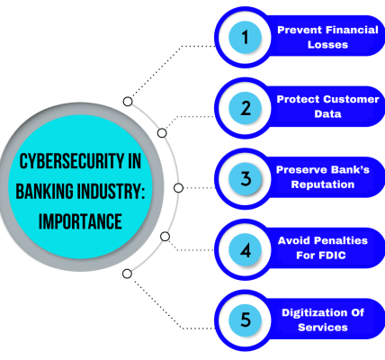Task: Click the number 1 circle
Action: (245, 38)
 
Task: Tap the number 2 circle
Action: (245, 108)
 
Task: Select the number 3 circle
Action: (245, 179)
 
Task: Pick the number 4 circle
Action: (245, 250)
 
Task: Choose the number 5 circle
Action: (245, 319)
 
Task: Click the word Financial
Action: (352, 30)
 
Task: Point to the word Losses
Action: (327, 45)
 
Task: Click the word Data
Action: (327, 114)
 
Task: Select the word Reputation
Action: (323, 184)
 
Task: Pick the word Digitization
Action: (312, 313)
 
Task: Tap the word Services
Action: (323, 328)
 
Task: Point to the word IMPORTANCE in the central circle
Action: (80, 221)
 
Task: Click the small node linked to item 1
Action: (128, 102)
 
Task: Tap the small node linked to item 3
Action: (178, 188)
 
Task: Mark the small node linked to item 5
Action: (127, 274)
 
